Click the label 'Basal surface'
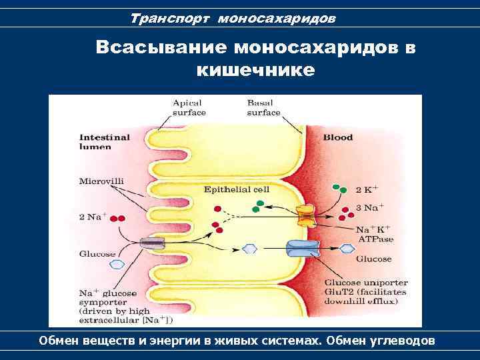(x=264, y=108)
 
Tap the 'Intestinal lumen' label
(x=105, y=142)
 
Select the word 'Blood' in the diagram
(x=338, y=137)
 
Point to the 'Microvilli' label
(x=101, y=180)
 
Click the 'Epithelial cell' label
(x=237, y=189)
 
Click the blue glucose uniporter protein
(x=303, y=249)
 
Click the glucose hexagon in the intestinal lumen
(x=117, y=265)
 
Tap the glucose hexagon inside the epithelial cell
(x=249, y=249)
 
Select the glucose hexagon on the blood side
(x=347, y=249)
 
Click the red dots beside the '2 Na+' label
(x=117, y=218)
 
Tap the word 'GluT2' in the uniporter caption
(x=337, y=292)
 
